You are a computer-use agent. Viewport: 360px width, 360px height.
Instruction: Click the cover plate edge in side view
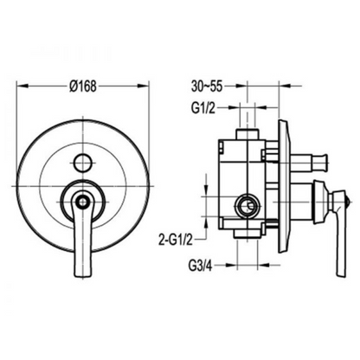(286, 186)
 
